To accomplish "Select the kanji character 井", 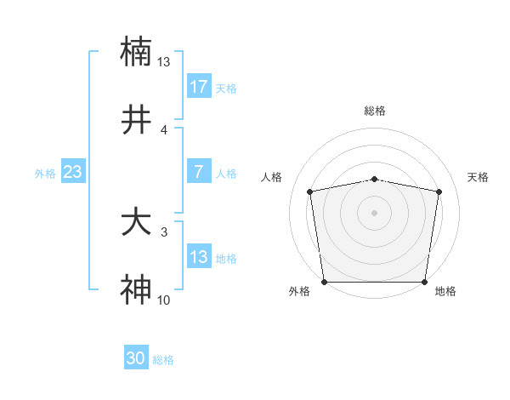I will point(136,121).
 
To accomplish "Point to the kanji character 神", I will point(136,290).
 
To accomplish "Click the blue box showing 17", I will point(199,87).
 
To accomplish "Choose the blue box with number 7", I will point(199,172).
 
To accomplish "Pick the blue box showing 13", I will point(199,257).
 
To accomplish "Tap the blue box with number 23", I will point(73,172).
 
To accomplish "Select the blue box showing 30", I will point(136,359).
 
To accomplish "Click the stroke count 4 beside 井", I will point(164,129).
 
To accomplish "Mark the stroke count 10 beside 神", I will point(164,300).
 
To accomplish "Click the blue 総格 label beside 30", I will point(164,360).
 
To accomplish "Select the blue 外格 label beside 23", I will point(45,173).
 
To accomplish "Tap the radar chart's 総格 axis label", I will point(375,111).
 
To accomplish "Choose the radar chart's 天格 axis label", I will point(478,177).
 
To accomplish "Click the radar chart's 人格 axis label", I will point(272,177).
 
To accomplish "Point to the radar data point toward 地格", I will point(425,282).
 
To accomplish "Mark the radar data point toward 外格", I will point(324,282).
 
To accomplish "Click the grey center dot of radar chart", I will point(375,212).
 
